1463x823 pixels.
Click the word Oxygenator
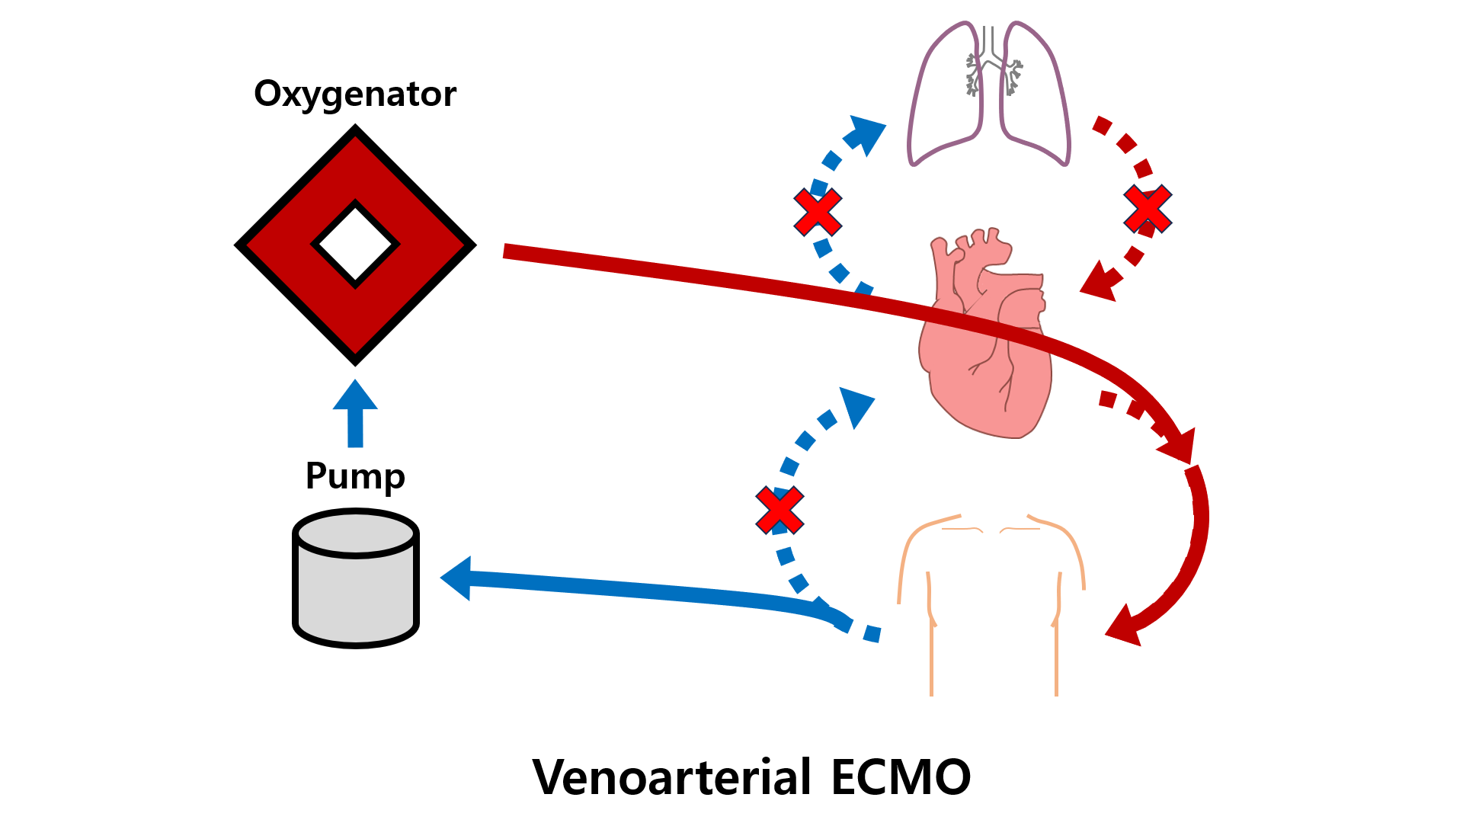click(355, 94)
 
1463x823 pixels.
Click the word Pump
click(355, 476)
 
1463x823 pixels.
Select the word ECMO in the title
click(901, 777)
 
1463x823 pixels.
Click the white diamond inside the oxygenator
click(355, 245)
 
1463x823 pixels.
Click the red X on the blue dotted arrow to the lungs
click(818, 212)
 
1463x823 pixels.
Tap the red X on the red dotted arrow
click(1148, 209)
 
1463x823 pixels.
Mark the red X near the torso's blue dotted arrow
click(780, 510)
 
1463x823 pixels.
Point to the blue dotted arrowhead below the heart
click(857, 405)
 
